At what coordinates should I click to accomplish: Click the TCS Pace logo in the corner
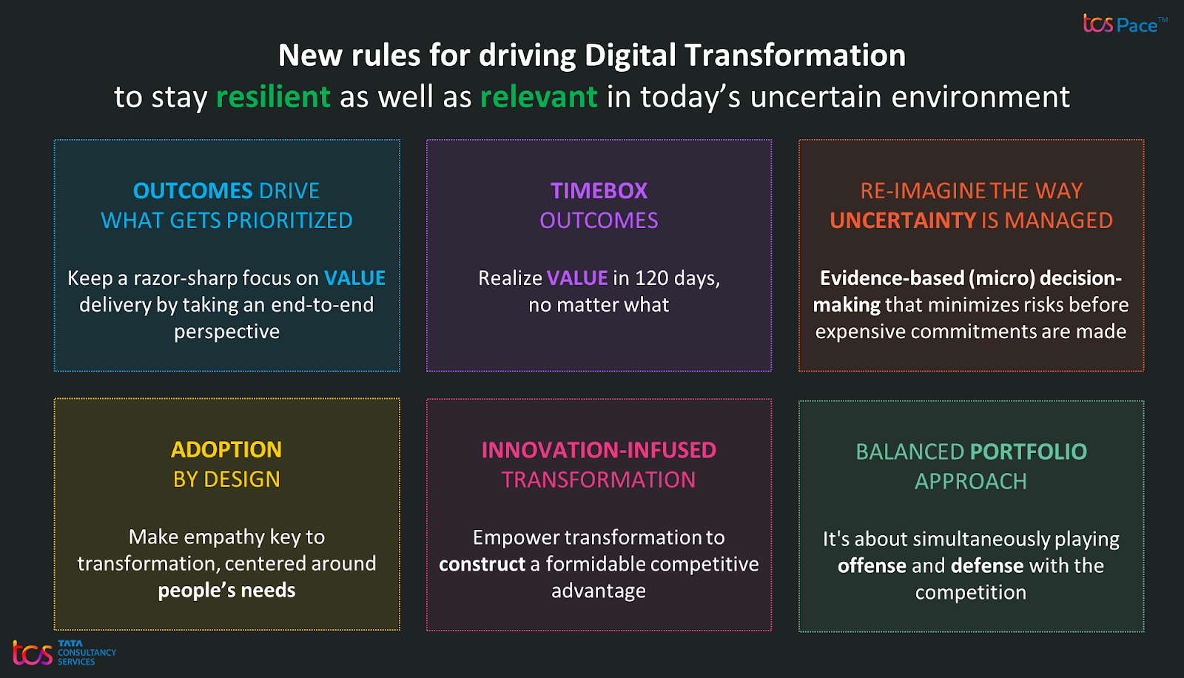pos(1125,24)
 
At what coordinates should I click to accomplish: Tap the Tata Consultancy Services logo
pos(64,653)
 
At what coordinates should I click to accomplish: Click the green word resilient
pos(273,97)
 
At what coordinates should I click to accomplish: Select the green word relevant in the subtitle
pos(539,97)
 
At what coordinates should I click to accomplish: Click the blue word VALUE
pos(354,278)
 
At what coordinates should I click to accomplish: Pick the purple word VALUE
pos(577,278)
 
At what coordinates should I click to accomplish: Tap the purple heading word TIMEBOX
pos(599,191)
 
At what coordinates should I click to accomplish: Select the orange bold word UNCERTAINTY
pos(903,221)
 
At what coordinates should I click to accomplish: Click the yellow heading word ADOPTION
pos(226,450)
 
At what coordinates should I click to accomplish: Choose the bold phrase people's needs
pos(226,591)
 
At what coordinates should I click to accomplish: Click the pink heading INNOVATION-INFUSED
pos(599,451)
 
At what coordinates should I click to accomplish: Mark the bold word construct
pos(482,564)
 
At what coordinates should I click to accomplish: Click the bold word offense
pos(872,566)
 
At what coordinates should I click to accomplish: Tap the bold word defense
pos(987,566)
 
